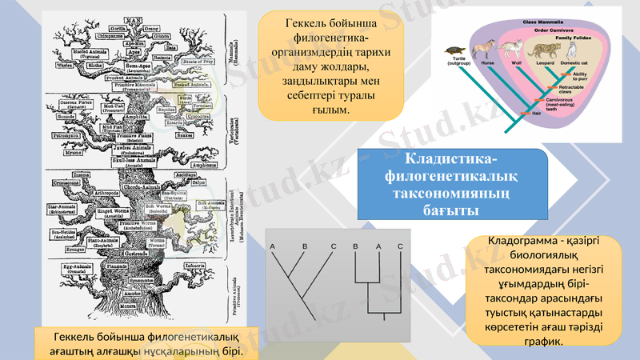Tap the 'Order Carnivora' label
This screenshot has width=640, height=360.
553,30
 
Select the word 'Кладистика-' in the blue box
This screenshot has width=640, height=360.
451,160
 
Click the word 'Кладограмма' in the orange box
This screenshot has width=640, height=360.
521,242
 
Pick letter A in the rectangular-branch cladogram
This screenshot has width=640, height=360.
376,245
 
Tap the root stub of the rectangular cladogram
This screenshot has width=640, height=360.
387,318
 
